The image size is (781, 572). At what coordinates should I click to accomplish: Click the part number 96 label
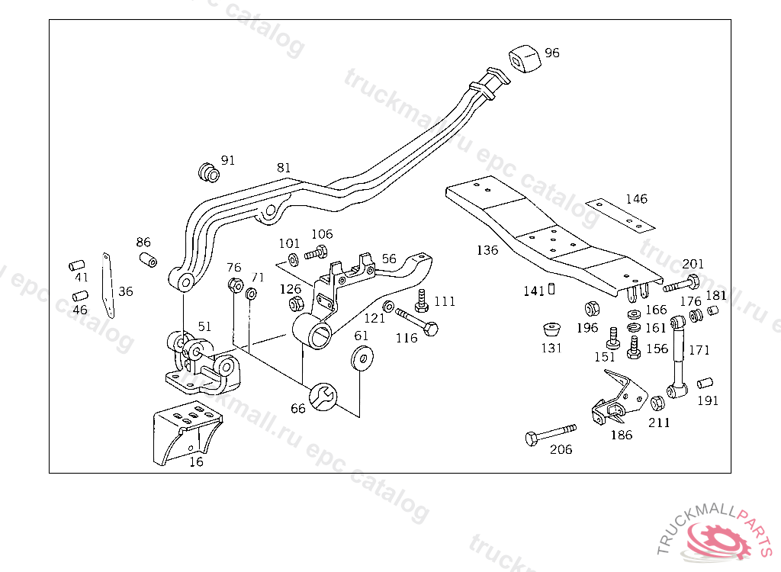pos(552,53)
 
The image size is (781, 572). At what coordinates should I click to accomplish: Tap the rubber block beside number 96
pos(523,58)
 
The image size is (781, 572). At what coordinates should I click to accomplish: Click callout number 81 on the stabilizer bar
pos(284,167)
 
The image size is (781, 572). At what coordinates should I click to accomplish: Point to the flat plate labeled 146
pos(621,215)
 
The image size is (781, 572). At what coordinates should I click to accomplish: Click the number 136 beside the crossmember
pos(487,249)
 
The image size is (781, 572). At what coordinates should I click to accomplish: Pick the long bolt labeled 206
pos(550,434)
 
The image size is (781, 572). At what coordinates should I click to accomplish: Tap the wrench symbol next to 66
pos(323,395)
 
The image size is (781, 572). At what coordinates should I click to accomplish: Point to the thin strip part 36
pos(108,285)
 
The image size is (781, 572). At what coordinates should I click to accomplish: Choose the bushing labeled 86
pos(148,258)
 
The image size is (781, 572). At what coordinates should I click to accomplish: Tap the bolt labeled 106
pos(316,252)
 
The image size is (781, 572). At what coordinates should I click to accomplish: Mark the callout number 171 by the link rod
pos(699,350)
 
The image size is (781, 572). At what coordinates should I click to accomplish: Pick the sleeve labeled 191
pos(706,382)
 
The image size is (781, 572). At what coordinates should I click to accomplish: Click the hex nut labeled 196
pos(590,309)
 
